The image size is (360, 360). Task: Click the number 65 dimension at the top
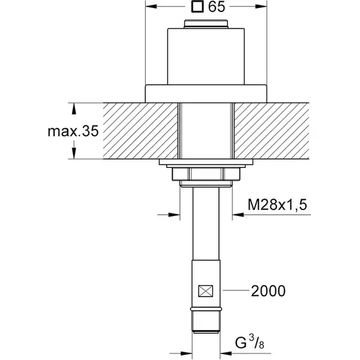(217, 7)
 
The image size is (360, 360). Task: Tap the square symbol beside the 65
(197, 7)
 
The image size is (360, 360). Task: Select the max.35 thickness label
(73, 131)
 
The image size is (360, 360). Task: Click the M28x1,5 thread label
(277, 205)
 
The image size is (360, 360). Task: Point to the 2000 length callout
(268, 291)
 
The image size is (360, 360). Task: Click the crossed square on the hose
(206, 291)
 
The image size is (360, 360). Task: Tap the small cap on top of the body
(206, 24)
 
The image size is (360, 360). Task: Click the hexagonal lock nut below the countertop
(206, 174)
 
